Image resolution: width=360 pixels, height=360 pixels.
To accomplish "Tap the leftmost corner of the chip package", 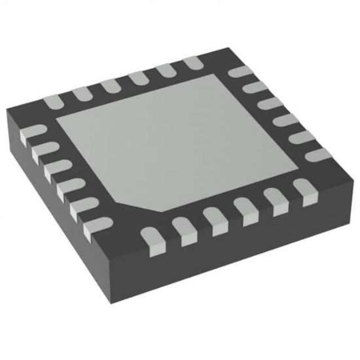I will coord(5,112).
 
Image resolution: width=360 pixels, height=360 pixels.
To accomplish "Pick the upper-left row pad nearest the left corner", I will coord(52,100).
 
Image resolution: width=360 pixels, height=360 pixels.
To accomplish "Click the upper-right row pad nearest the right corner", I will coord(315,154).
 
